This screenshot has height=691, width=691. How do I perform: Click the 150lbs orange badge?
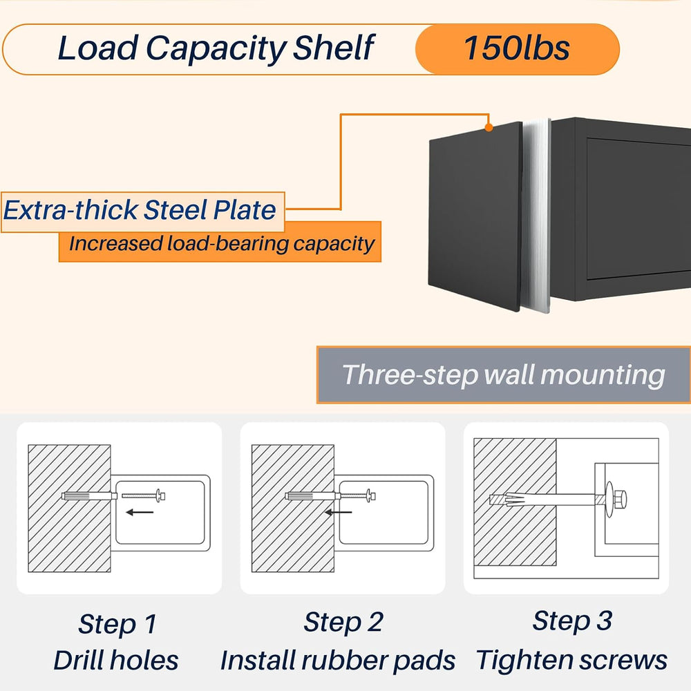tap(518, 49)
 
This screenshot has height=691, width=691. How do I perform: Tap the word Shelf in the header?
tap(334, 48)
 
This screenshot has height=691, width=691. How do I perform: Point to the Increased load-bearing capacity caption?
tap(220, 243)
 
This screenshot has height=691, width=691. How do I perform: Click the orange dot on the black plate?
tap(489, 127)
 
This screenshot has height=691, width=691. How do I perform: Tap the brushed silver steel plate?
tap(536, 216)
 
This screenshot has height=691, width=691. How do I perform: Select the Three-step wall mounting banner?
tap(503, 375)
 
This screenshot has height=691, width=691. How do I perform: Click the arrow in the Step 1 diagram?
tap(140, 512)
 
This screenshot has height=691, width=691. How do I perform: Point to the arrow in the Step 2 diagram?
tap(339, 512)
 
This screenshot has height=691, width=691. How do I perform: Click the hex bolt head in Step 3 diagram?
tap(620, 499)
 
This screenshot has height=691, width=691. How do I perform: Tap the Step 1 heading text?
tap(117, 624)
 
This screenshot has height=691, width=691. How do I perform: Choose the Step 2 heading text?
tap(343, 623)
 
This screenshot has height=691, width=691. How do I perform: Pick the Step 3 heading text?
tap(572, 621)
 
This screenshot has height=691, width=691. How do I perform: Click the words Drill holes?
tap(116, 660)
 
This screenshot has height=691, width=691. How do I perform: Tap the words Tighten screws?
tap(571, 660)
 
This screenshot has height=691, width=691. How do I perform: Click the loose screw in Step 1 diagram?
tap(143, 495)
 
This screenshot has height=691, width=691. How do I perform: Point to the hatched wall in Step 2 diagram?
tap(292, 508)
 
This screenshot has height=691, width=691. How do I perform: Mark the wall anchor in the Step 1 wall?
tap(89, 496)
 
